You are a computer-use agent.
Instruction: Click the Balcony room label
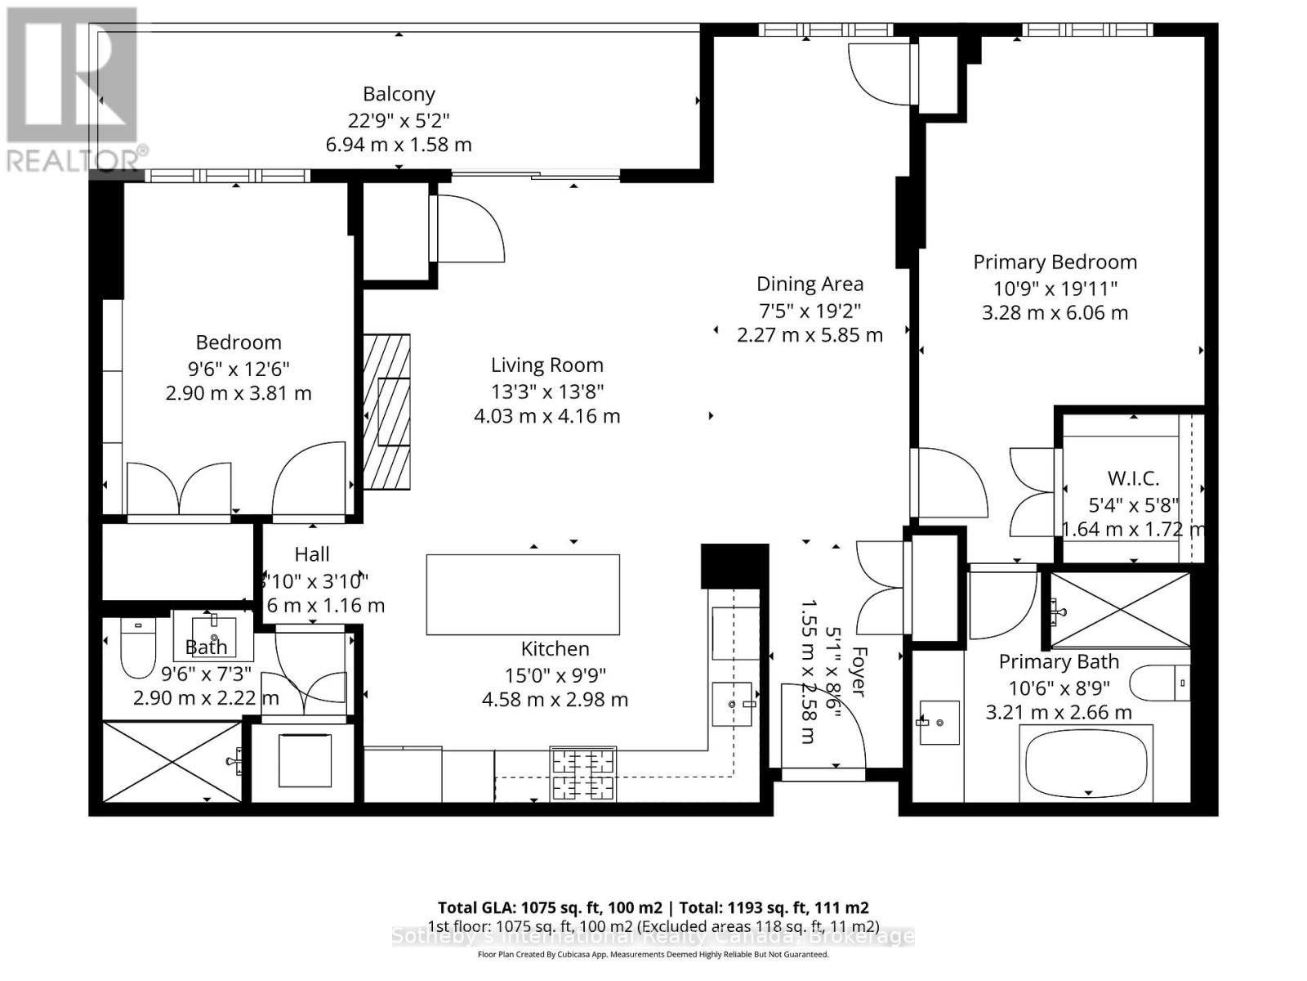click(399, 94)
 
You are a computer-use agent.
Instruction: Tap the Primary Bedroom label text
click(1055, 262)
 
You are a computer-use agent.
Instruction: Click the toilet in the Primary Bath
click(1161, 683)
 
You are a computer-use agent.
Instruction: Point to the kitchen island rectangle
click(523, 594)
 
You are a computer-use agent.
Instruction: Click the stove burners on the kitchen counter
click(582, 774)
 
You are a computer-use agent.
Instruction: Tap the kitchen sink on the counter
click(732, 704)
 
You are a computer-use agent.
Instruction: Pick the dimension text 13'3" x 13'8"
click(546, 391)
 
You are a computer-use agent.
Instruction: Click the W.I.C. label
click(1132, 479)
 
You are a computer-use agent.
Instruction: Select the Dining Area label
click(810, 284)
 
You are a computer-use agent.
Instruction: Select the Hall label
click(311, 554)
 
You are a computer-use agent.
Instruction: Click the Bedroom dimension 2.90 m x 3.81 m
click(239, 393)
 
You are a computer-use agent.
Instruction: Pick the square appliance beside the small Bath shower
click(305, 760)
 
